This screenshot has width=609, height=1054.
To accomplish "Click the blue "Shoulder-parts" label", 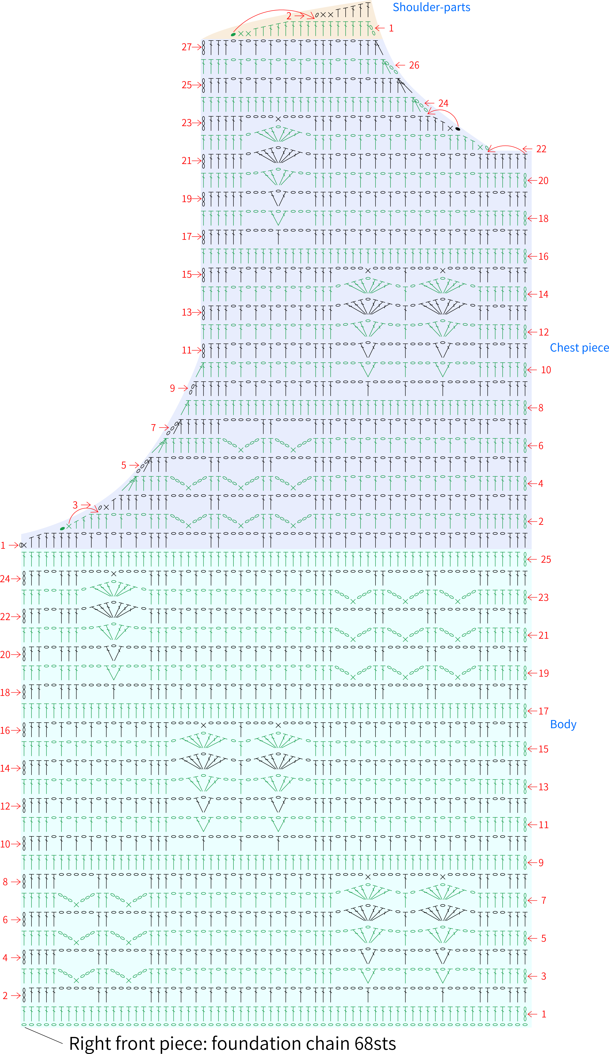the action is click(x=431, y=8).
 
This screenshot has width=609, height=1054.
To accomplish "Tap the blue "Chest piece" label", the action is click(x=579, y=347).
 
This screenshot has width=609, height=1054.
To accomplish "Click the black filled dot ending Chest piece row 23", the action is click(x=458, y=129).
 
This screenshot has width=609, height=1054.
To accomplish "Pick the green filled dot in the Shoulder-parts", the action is click(x=233, y=34).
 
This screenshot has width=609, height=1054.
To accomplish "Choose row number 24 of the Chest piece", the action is click(x=443, y=103).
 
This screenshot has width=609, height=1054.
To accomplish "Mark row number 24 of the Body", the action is click(x=5, y=579).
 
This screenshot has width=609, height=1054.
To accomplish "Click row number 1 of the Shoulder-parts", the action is click(x=391, y=28).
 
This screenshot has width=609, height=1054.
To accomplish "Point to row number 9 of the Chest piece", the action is click(x=172, y=388).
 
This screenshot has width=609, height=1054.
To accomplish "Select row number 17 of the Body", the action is click(x=543, y=711).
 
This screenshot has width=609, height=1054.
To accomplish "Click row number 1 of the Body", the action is click(x=544, y=1014).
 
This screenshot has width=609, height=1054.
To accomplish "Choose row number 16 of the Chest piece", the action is click(x=543, y=256).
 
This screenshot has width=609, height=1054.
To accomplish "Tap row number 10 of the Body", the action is click(x=5, y=844).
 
